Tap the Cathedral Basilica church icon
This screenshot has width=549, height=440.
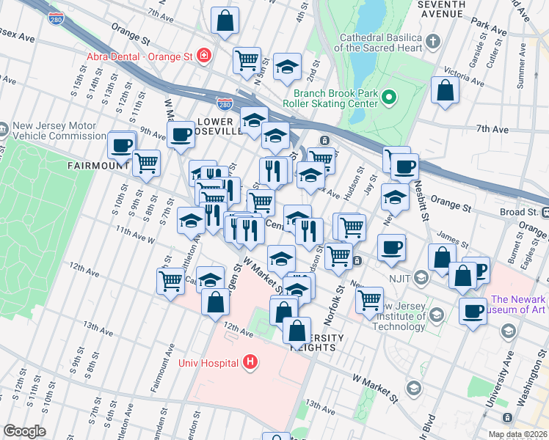tap(433, 41)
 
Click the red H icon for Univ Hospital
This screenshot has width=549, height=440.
tap(250, 362)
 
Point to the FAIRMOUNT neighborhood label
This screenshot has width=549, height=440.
tap(98, 166)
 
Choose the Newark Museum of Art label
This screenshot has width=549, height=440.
tap(518, 305)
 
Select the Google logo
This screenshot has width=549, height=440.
tap(24, 431)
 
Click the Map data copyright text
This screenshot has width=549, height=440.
tap(517, 434)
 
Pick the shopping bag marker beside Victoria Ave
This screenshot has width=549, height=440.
tap(445, 91)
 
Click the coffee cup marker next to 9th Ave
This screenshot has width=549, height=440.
tap(181, 135)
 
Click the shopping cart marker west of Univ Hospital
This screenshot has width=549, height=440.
tap(170, 279)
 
